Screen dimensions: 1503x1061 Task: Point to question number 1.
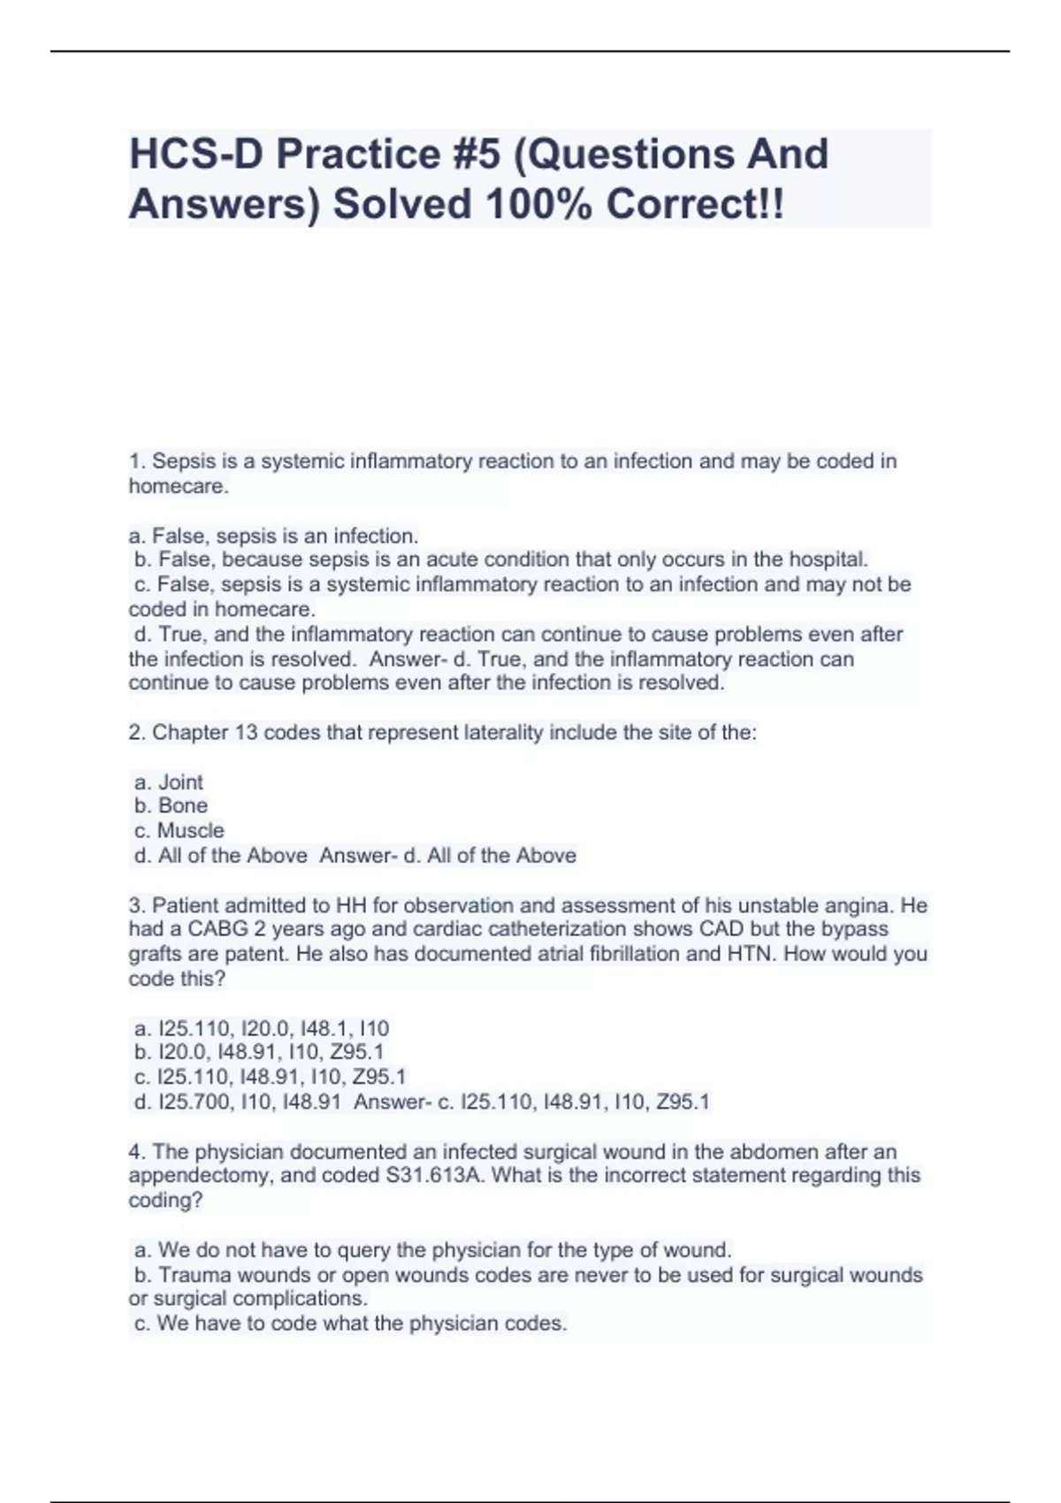[136, 461]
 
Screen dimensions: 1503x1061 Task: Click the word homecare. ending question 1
[179, 485]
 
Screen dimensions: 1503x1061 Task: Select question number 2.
[137, 733]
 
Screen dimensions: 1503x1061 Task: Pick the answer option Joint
[180, 782]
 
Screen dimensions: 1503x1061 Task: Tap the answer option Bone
[183, 806]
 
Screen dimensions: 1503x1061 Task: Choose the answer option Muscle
[190, 831]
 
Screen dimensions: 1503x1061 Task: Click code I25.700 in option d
[194, 1102]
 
